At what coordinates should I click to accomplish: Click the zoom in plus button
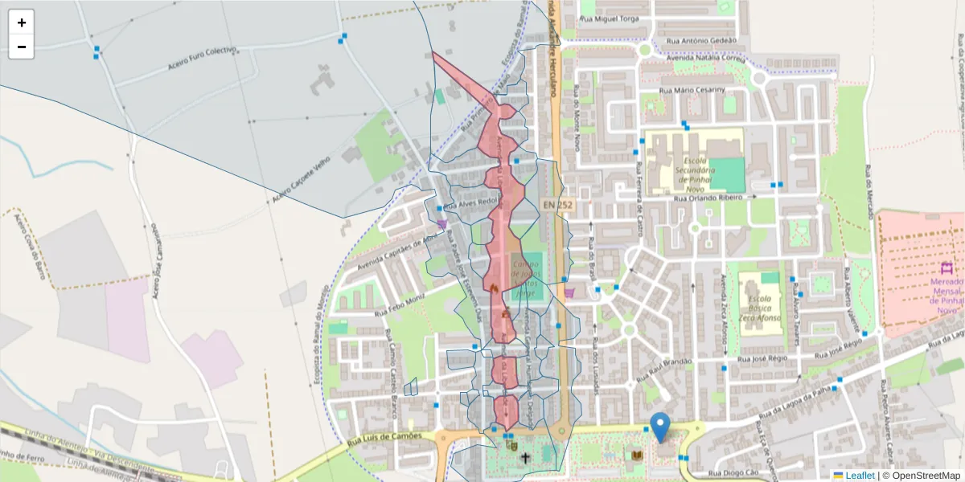click(x=22, y=22)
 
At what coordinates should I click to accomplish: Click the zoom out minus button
click(x=22, y=47)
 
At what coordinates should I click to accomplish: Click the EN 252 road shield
click(x=558, y=206)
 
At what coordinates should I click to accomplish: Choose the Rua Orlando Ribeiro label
click(x=708, y=197)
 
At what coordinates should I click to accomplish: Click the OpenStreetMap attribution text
click(x=921, y=476)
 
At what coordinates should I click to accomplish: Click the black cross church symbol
click(x=525, y=459)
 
